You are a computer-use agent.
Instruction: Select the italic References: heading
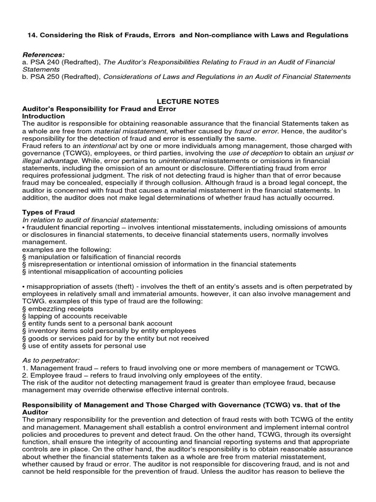pyautogui.click(x=44, y=54)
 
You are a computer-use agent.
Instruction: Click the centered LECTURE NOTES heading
pyautogui.click(x=188, y=101)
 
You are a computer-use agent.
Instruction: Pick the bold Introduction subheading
pyautogui.click(x=44, y=116)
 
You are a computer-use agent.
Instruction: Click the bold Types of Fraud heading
pyautogui.click(x=48, y=212)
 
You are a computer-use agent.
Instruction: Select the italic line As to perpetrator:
pyautogui.click(x=51, y=360)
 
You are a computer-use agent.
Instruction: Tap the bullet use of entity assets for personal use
pyautogui.click(x=87, y=346)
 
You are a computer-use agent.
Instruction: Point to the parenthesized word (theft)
pyautogui.click(x=125, y=286)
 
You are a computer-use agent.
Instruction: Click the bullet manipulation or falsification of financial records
pyautogui.click(x=104, y=257)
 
